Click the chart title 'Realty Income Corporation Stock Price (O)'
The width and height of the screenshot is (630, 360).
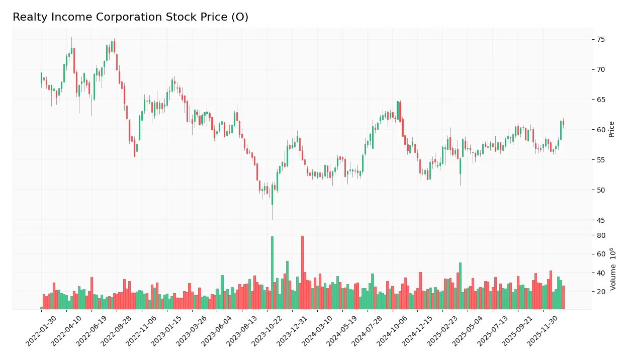tap(130, 17)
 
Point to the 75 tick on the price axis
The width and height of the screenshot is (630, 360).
tap(600, 39)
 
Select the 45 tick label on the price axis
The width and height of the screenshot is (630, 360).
tap(600, 220)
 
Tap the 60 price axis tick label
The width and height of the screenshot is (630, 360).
tap(600, 130)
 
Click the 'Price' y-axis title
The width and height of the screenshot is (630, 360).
tap(611, 129)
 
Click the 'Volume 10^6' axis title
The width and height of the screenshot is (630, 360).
tap(613, 269)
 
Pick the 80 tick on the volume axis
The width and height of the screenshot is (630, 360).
tap(600, 235)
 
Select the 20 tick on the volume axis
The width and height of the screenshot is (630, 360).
tap(600, 292)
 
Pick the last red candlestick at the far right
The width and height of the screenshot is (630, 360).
tap(563, 123)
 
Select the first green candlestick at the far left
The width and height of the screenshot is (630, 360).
tap(41, 77)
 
